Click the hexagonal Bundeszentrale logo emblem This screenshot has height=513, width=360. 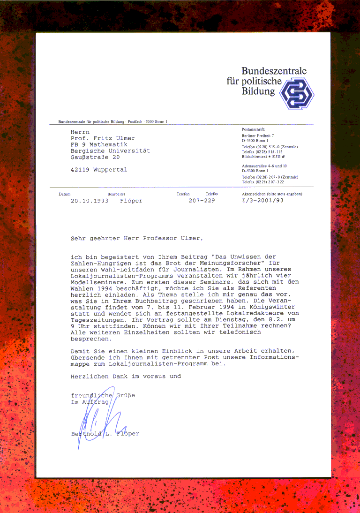tap(296, 94)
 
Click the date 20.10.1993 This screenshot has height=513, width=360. tap(90, 201)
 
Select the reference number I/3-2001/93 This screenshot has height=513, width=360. tap(262, 201)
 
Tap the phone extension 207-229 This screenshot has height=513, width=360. tap(202, 201)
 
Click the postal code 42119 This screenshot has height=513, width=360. tap(80, 170)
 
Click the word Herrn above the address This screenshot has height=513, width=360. tap(80, 132)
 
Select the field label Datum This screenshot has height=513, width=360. tap(64, 194)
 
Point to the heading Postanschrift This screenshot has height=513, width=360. tap(254, 129)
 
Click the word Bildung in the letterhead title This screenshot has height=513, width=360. tap(258, 91)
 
